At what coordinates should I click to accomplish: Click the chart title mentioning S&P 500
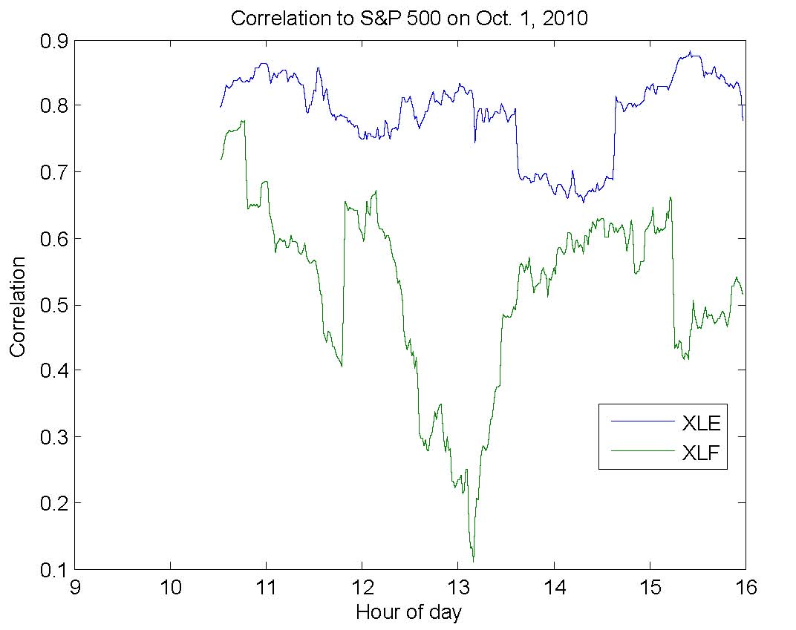click(409, 19)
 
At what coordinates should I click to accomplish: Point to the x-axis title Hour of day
click(408, 612)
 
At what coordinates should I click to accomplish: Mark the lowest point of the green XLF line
click(473, 561)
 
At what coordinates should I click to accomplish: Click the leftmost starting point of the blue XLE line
click(221, 108)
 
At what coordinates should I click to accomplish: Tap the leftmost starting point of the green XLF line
click(221, 159)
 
